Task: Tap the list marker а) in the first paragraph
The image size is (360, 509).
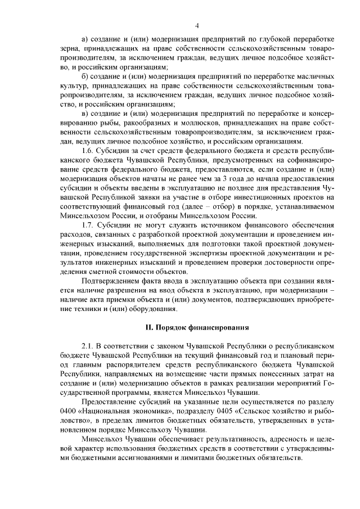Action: click(85, 39)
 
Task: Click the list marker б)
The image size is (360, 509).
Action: click(85, 76)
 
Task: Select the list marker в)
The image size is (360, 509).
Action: click(85, 114)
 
